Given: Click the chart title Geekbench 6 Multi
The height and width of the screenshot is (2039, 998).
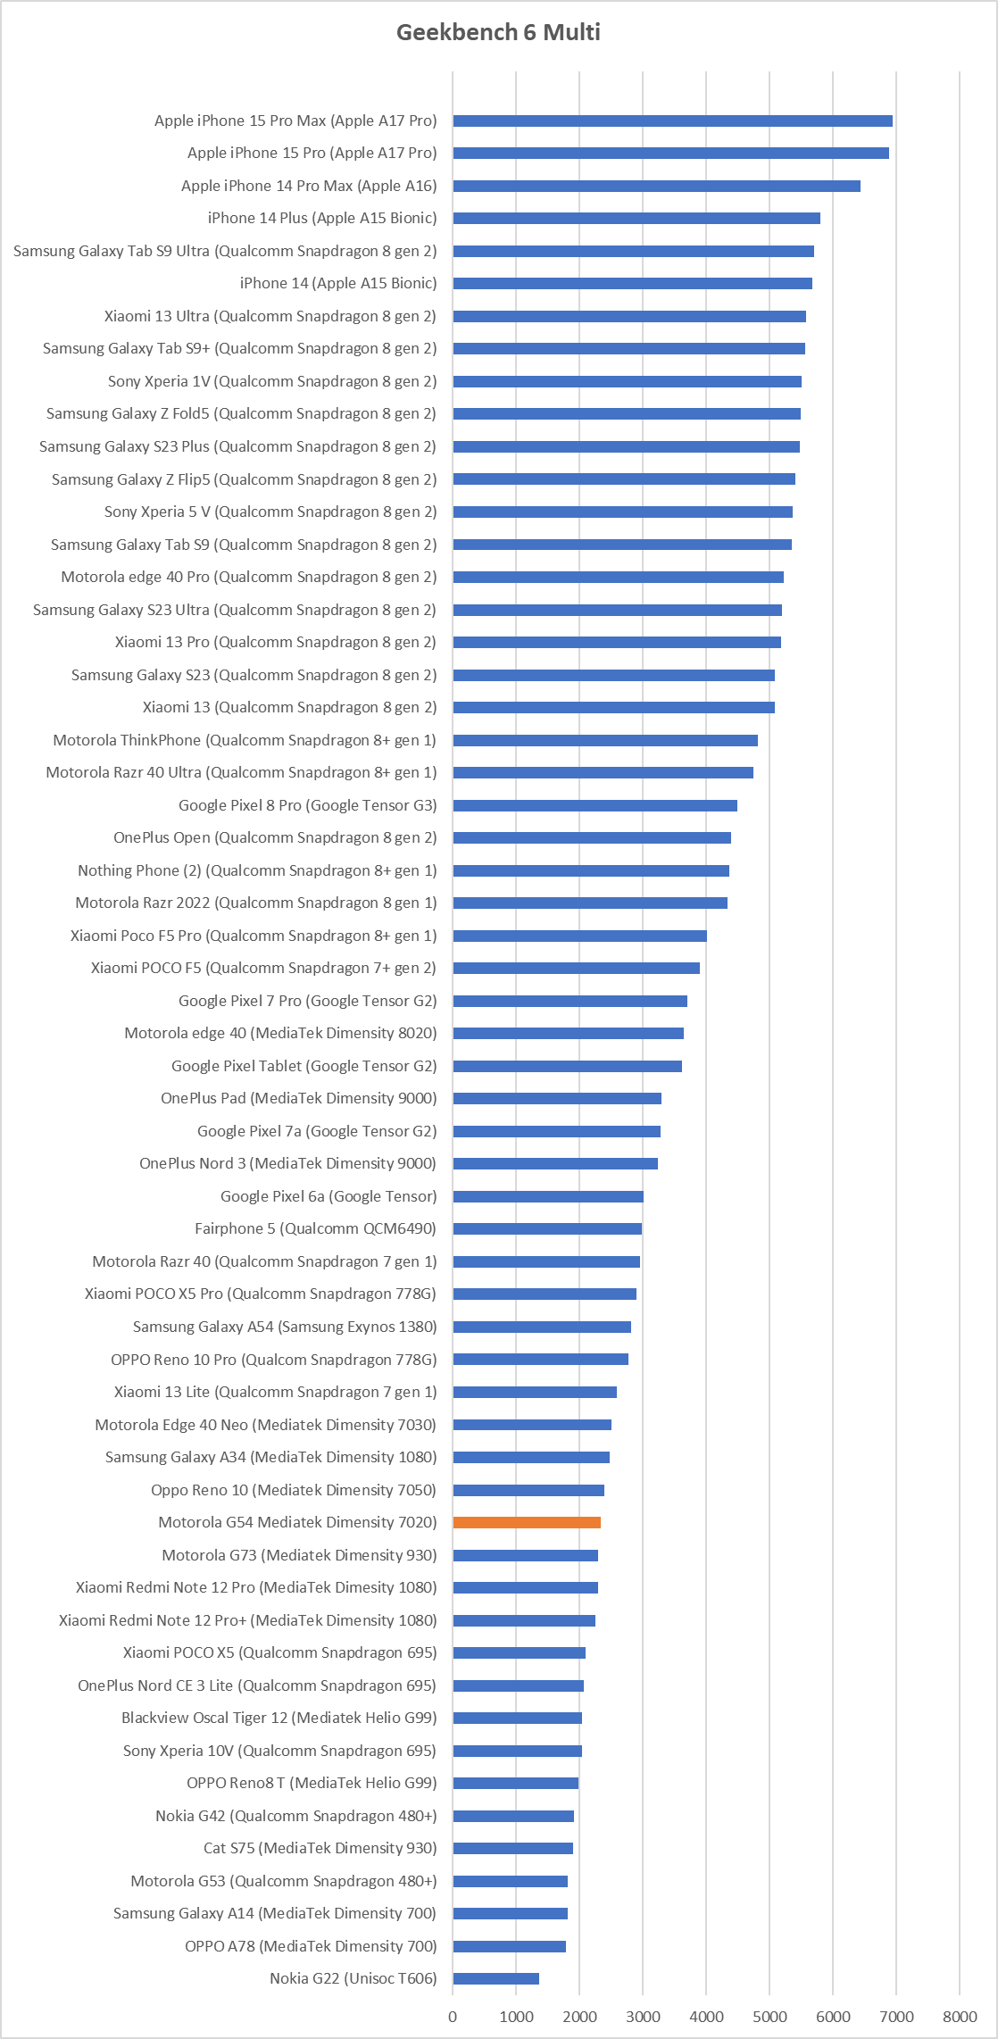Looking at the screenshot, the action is [498, 32].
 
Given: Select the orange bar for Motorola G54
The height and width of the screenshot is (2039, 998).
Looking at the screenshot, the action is [527, 1522].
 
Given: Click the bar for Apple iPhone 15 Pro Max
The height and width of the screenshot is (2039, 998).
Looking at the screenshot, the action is [673, 121].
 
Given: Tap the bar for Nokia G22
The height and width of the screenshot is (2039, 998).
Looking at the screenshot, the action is [496, 1978].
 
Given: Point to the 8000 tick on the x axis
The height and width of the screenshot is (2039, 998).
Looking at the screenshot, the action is [960, 2017].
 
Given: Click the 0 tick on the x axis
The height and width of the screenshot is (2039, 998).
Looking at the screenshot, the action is [453, 2017].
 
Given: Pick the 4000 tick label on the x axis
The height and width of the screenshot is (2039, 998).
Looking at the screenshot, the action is [706, 2017].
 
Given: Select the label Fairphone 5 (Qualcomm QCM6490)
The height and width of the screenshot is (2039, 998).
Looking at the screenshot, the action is [315, 1228].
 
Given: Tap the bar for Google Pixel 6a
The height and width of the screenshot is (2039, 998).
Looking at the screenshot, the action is [548, 1196].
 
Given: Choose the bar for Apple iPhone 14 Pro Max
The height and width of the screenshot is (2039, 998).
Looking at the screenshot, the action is [657, 186].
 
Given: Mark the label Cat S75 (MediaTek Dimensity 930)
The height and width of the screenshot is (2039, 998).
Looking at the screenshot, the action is [320, 1848].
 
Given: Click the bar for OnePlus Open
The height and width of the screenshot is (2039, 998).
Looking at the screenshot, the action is [592, 837].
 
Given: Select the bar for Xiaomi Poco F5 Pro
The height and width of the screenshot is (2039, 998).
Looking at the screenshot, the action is [580, 936].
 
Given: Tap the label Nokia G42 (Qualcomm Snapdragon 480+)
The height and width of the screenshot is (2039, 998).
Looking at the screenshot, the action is [296, 1816].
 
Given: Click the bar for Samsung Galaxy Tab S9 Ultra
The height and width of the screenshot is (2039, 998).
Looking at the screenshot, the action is [634, 251].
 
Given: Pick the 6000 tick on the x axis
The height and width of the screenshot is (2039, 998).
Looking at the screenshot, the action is [833, 2017].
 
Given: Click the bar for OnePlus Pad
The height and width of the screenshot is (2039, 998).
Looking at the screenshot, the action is [557, 1098].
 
